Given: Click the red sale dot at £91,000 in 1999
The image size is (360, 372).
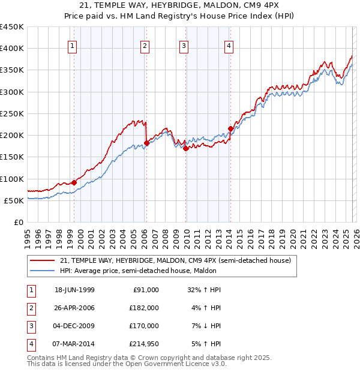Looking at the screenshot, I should (74, 182).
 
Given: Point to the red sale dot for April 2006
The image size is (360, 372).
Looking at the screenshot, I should (146, 143).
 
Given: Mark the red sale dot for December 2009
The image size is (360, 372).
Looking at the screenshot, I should (185, 148).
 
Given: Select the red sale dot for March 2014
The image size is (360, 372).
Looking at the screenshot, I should (230, 128).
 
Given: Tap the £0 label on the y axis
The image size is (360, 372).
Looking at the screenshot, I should (19, 222).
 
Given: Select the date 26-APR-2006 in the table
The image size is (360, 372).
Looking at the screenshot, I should (74, 307).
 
